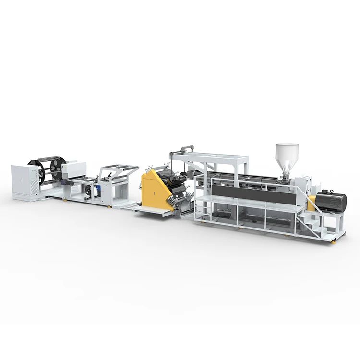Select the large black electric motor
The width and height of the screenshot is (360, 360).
[332, 201]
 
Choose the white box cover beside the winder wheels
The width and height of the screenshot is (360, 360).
[74, 169]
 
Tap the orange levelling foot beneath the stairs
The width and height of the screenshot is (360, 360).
[333, 242]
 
